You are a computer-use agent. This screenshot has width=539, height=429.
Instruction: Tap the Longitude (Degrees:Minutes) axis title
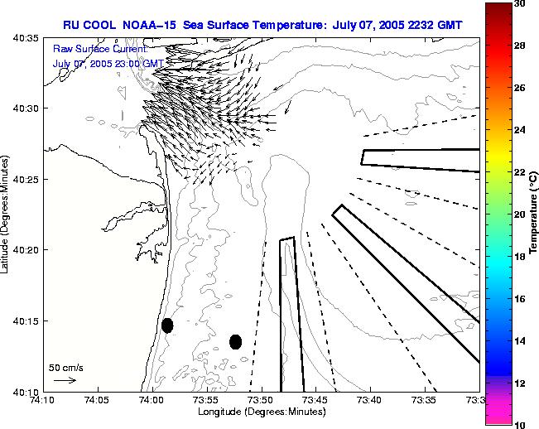coord(261,412)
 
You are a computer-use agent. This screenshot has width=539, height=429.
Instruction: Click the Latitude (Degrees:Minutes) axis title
coord(6,214)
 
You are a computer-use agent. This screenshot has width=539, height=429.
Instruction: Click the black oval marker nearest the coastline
coord(167,325)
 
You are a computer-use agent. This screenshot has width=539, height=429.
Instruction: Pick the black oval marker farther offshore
coord(235,341)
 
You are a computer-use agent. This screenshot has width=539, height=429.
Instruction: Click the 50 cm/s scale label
coord(66,367)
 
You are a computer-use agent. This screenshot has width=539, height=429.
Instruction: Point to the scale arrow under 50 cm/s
coord(65,380)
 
